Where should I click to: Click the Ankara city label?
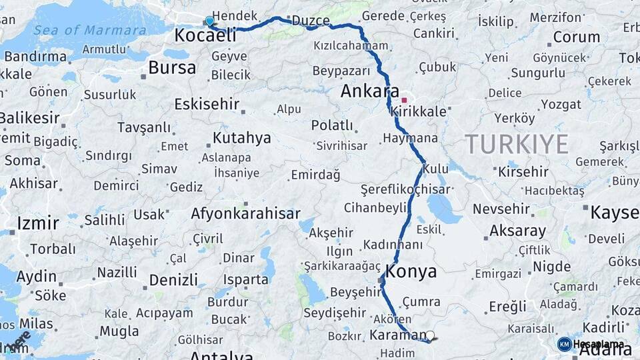click(369, 91)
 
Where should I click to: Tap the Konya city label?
click(411, 271)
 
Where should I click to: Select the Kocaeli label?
click(205, 35)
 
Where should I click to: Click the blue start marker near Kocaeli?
click(210, 21)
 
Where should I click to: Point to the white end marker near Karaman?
click(430, 336)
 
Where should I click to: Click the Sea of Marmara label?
click(89, 30)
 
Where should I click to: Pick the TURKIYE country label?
click(517, 143)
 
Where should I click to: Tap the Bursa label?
click(172, 67)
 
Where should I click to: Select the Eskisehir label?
click(206, 104)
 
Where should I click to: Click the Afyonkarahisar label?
click(245, 214)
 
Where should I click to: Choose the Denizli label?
click(173, 279)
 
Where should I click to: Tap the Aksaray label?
click(517, 231)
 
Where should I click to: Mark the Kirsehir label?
click(523, 171)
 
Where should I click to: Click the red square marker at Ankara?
click(404, 101)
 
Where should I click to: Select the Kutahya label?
click(242, 138)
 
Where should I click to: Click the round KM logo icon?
click(564, 344)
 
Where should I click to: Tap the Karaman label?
click(398, 335)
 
